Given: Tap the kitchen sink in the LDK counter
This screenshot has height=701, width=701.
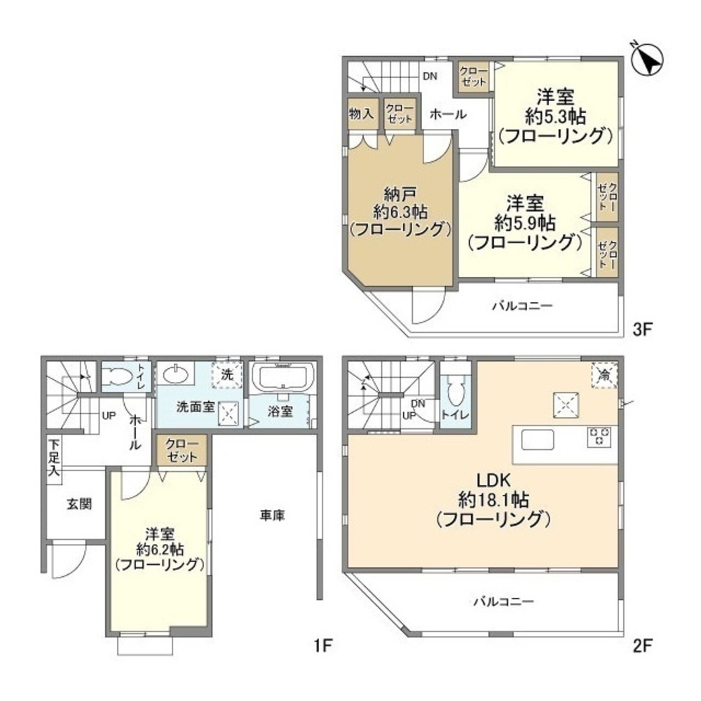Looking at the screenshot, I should (x=538, y=440).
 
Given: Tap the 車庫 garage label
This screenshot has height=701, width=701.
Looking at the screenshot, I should (x=272, y=515).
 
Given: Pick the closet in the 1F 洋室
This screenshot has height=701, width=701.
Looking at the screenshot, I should (x=182, y=449).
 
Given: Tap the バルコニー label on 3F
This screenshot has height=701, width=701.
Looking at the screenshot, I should (x=522, y=306).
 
